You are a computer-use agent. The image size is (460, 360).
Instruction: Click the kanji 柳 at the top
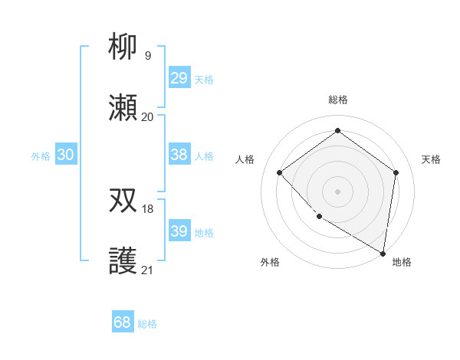click(x=123, y=47)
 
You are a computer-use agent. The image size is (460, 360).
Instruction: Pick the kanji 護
click(x=123, y=261)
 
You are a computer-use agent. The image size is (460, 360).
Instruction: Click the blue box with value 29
click(x=179, y=78)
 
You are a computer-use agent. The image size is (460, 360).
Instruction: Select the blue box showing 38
click(x=179, y=155)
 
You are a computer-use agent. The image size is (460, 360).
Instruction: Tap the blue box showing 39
click(x=179, y=231)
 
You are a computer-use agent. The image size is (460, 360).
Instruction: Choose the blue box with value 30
click(x=66, y=155)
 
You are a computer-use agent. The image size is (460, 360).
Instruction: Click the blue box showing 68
click(x=123, y=323)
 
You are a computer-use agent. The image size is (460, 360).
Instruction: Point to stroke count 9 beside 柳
click(x=148, y=56)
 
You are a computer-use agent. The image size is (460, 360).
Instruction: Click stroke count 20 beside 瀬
click(x=148, y=117)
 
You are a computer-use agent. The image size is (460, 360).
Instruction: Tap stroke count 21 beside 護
click(x=148, y=270)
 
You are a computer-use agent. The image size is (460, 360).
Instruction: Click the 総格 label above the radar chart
click(x=337, y=100)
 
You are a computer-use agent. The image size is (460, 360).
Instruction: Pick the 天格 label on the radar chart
click(x=431, y=159)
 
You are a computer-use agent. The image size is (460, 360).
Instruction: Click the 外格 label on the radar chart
click(x=270, y=263)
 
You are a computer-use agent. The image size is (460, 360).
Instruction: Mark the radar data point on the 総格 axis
click(x=337, y=131)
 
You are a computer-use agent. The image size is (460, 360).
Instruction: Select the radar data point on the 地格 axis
click(x=383, y=253)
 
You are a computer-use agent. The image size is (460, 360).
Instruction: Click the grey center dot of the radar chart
click(x=337, y=191)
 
